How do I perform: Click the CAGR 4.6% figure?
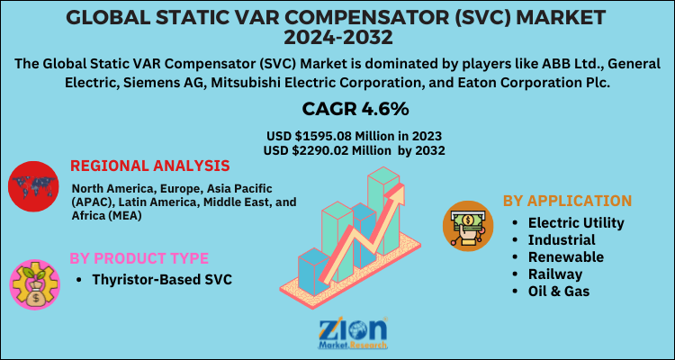[x=355, y=109]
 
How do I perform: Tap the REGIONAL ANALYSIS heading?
[x=149, y=166]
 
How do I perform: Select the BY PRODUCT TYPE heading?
[x=139, y=258]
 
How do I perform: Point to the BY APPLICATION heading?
[x=567, y=201]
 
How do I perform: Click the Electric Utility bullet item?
[x=576, y=222]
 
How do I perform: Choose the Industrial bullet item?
[x=562, y=239]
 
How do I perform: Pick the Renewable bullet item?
[x=566, y=256]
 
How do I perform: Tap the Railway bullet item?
[x=555, y=274]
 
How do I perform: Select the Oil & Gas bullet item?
[x=559, y=291]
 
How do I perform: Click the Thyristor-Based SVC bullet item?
[x=162, y=280]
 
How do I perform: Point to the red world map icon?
[x=33, y=186]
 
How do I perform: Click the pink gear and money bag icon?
[x=35, y=284]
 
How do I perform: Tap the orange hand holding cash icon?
[x=468, y=226]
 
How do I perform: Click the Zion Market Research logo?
[x=353, y=334]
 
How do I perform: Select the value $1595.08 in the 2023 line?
[x=327, y=137]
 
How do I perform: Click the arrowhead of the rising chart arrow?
[x=397, y=193]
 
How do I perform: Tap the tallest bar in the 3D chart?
[x=383, y=211]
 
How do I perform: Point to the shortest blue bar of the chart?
[x=314, y=272]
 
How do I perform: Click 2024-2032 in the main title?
[x=337, y=38]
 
